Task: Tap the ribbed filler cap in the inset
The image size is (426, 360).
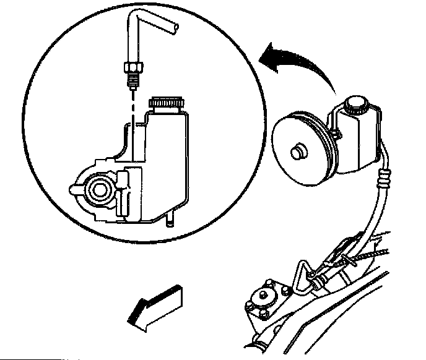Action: (x=169, y=105)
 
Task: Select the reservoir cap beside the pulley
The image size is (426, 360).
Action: (x=357, y=105)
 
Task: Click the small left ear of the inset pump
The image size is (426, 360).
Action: (x=74, y=185)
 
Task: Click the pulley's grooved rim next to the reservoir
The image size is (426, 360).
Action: (x=325, y=146)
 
